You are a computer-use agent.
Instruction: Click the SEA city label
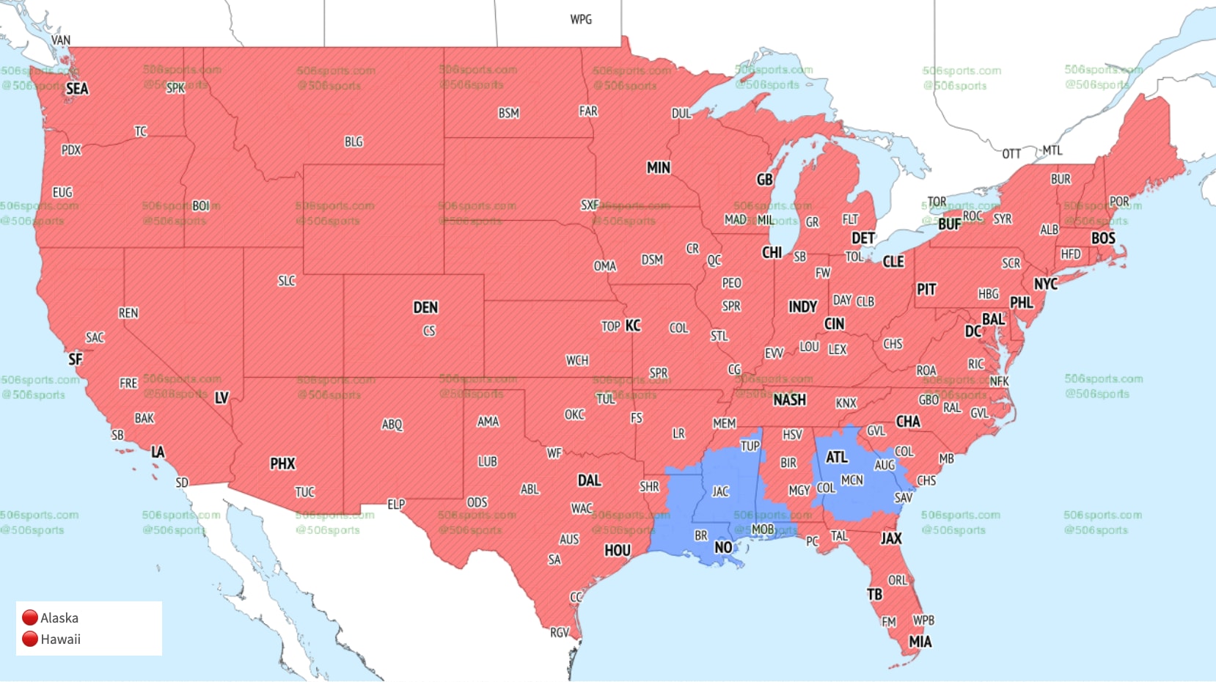point(77,89)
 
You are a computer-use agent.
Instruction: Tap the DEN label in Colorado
point(425,307)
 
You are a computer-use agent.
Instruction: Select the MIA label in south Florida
point(920,642)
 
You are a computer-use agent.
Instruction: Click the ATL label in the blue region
point(837,458)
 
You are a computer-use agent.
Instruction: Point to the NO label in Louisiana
point(723,547)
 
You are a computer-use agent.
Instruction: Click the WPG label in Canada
point(581,20)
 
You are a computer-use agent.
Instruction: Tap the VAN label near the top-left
point(61,40)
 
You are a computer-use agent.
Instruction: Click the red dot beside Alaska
point(30,618)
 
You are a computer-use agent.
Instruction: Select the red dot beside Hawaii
point(30,639)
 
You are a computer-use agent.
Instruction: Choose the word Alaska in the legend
point(59,618)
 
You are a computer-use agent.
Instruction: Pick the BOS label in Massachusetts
point(1103,238)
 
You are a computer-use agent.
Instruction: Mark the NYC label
point(1046,284)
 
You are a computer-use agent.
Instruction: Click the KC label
point(633,326)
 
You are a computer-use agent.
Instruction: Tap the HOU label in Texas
point(617,550)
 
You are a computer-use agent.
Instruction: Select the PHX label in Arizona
point(282,463)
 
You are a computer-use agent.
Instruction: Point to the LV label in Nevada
point(221,398)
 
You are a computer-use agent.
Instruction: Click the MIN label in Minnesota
point(658,168)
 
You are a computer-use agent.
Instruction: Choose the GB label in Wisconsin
point(764,180)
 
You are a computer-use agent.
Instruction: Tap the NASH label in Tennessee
point(789,400)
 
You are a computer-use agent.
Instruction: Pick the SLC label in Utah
point(287,281)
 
